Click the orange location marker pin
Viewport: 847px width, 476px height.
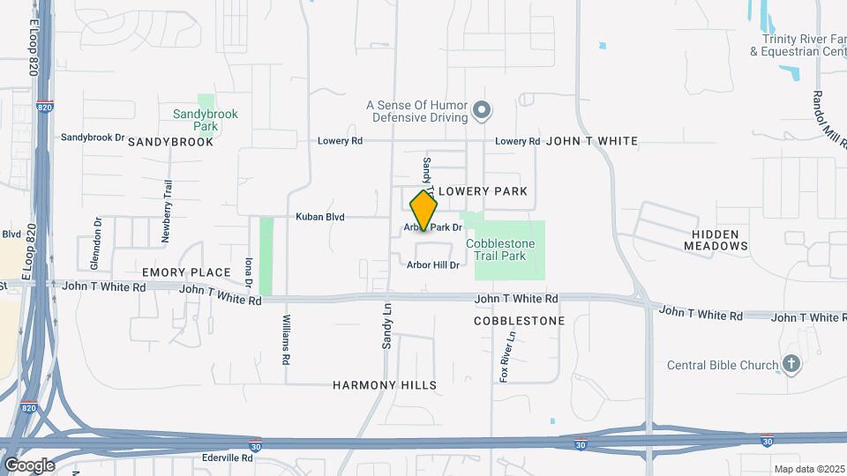[x=423, y=212]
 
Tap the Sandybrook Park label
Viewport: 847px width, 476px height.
[x=206, y=120]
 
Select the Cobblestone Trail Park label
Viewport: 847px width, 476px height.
[x=496, y=249]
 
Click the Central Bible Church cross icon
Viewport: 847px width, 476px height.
[x=791, y=364]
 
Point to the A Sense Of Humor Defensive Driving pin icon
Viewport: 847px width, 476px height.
[x=481, y=111]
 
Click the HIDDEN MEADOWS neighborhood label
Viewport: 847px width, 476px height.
[x=716, y=239]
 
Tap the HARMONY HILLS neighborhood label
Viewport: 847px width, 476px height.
[x=385, y=385]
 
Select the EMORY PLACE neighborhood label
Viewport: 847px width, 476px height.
[x=186, y=272]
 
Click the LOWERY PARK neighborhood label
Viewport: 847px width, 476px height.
[x=483, y=191]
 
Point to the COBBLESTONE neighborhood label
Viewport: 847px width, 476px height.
[x=519, y=321]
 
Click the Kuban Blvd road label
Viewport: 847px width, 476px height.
[x=319, y=217]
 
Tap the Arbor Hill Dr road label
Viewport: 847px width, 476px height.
[x=433, y=264]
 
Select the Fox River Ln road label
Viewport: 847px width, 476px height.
[x=506, y=356]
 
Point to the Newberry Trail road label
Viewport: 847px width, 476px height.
[x=166, y=211]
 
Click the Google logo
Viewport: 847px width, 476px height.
[x=28, y=465]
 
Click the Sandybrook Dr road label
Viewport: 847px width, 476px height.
[x=93, y=138]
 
